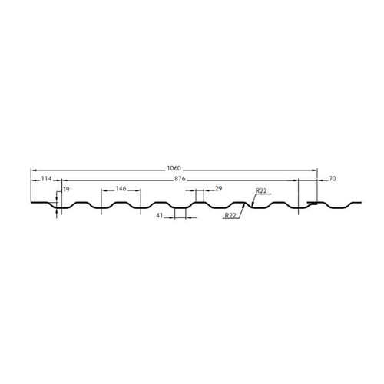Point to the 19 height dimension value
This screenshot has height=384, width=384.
(67, 189)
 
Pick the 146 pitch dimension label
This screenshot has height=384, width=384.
(121, 189)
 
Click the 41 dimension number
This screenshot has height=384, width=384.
(160, 217)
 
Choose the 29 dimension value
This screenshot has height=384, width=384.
(219, 189)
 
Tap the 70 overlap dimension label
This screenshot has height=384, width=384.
(332, 179)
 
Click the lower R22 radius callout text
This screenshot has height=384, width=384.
(230, 217)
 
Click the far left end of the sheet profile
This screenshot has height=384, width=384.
(31, 204)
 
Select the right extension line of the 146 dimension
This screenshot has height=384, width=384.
(141, 200)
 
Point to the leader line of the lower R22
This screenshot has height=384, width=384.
(241, 212)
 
